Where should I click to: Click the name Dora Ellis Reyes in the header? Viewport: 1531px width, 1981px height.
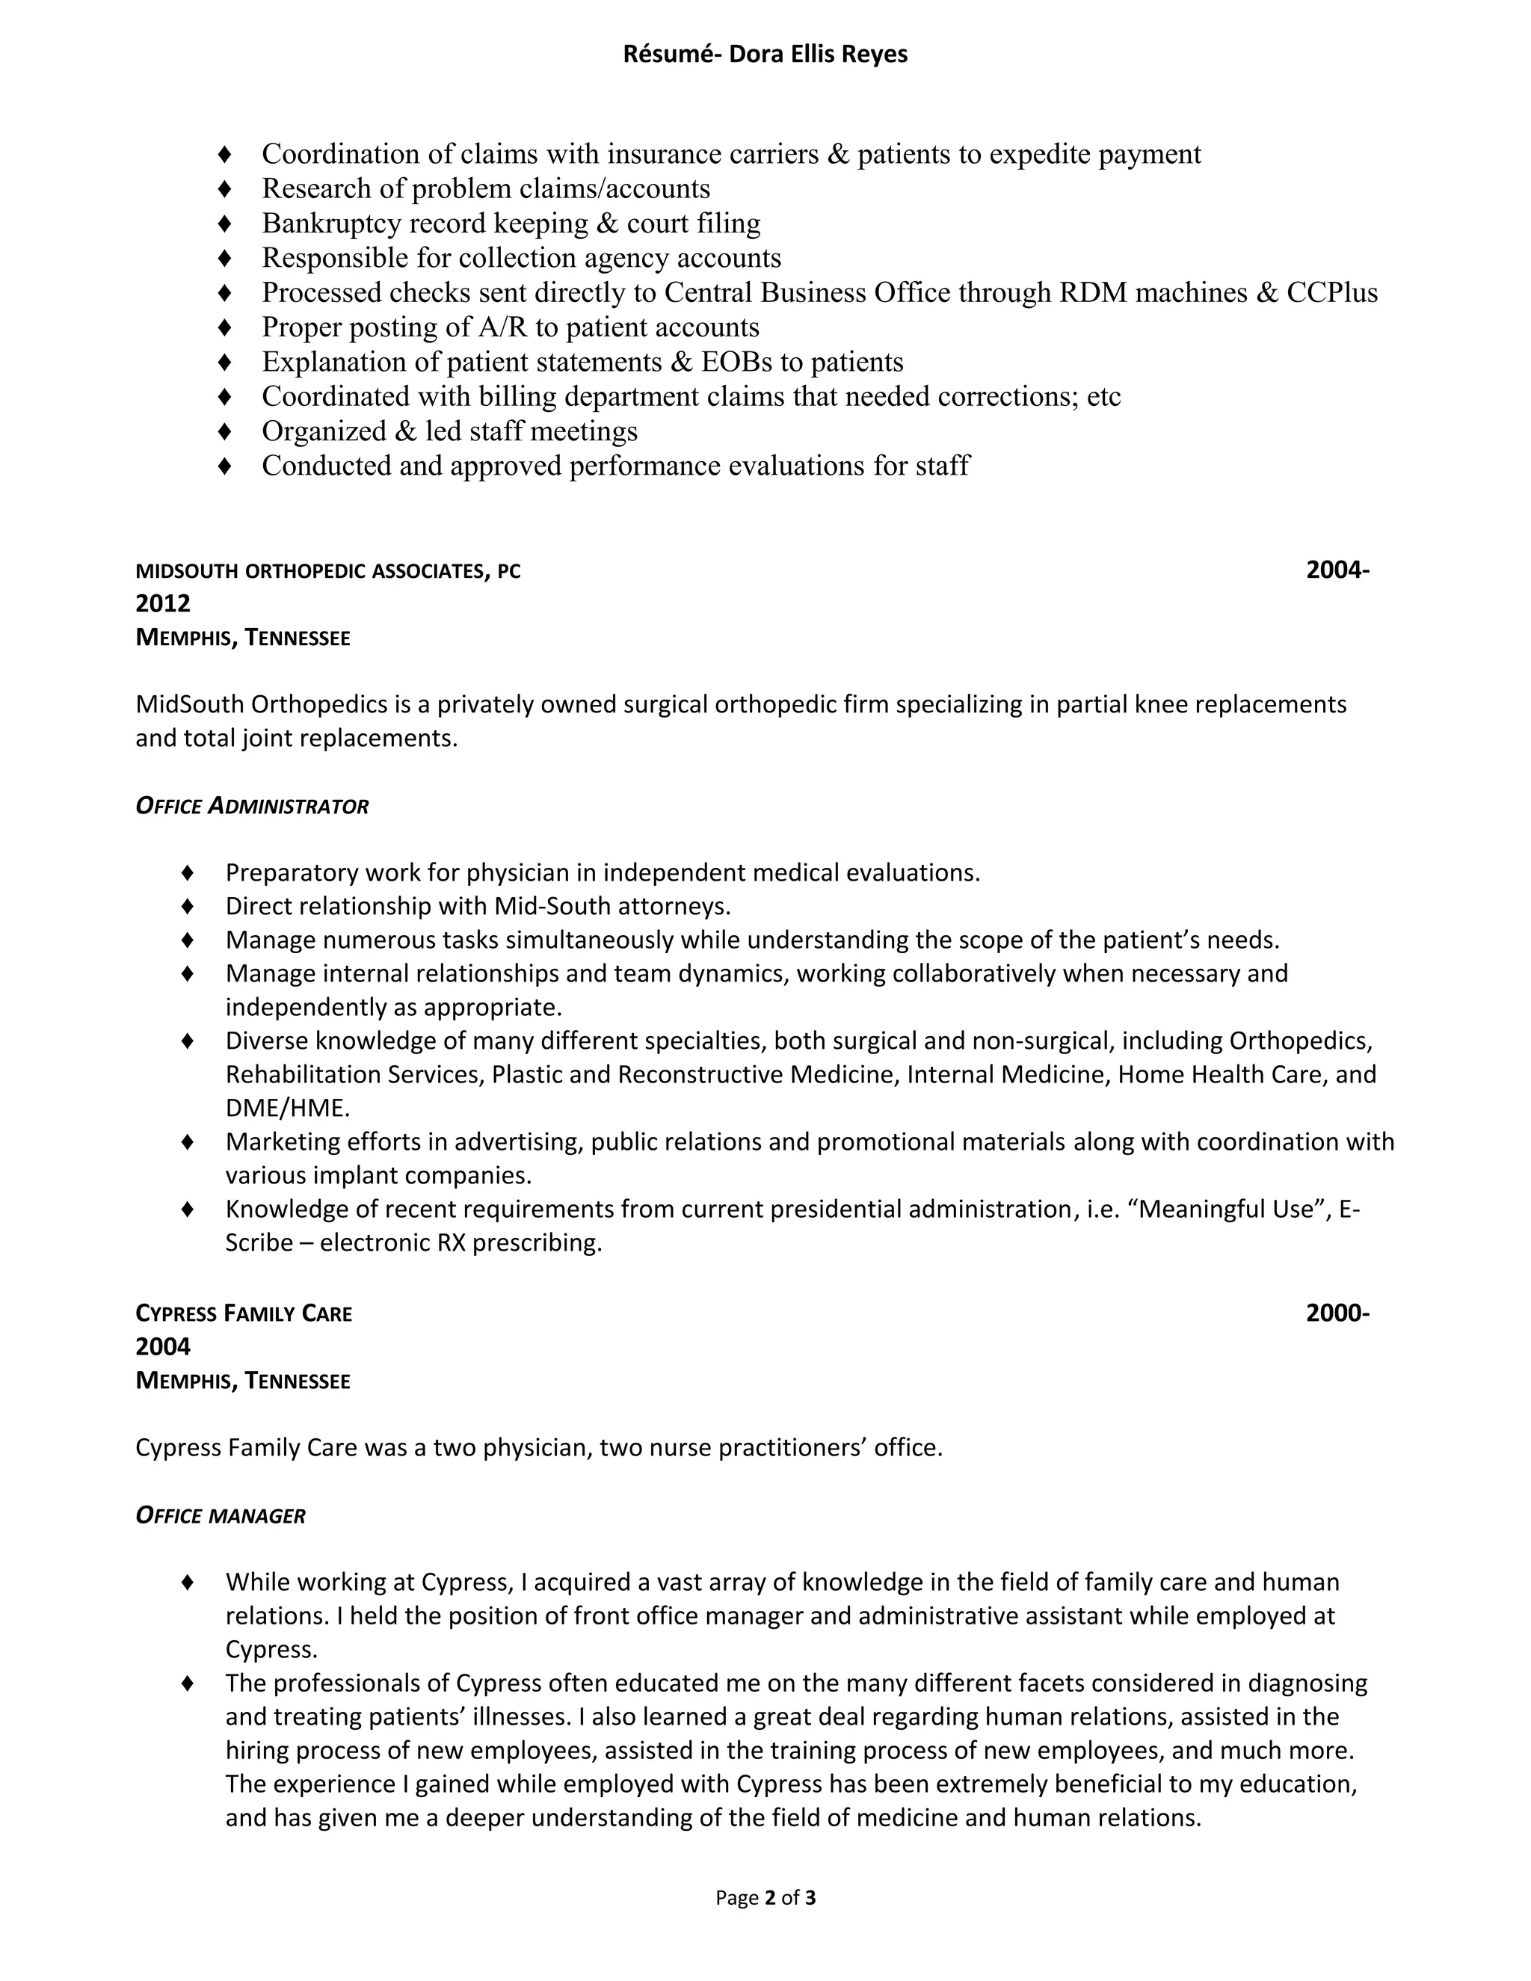pos(818,55)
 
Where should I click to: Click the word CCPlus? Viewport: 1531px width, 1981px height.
pos(1331,293)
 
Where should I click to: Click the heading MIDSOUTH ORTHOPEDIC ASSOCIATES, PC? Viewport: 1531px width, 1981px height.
pos(328,571)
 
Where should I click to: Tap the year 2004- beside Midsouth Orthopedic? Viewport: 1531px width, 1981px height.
pos(1337,570)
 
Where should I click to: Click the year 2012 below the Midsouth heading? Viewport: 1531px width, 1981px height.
pos(163,604)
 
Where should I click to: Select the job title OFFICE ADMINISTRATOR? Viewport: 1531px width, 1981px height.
pos(252,807)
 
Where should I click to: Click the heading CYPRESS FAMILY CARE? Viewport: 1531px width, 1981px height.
pos(244,1313)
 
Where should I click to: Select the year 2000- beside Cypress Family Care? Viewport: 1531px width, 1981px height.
pos(1337,1313)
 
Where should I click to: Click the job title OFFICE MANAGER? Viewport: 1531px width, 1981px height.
pos(221,1516)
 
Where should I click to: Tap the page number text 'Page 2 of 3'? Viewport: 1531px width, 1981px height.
pos(765,1897)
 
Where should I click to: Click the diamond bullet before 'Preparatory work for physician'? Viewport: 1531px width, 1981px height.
pos(188,872)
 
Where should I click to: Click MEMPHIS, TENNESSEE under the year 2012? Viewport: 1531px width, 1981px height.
pos(243,638)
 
